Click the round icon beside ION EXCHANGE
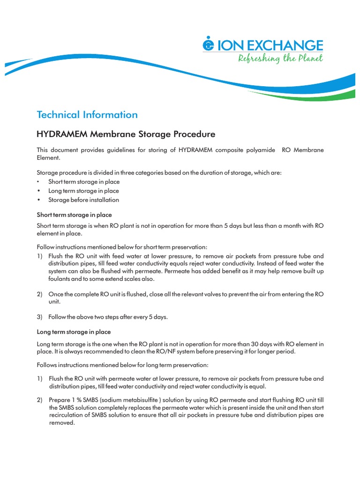(208, 45)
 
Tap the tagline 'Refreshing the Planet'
(280, 59)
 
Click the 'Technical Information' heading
(87, 115)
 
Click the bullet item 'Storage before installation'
(83, 200)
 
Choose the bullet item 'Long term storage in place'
(83, 191)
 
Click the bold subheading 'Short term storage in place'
(74, 215)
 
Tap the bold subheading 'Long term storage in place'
(74, 332)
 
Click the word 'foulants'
(61, 279)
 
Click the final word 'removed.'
(62, 422)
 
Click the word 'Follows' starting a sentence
(47, 365)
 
